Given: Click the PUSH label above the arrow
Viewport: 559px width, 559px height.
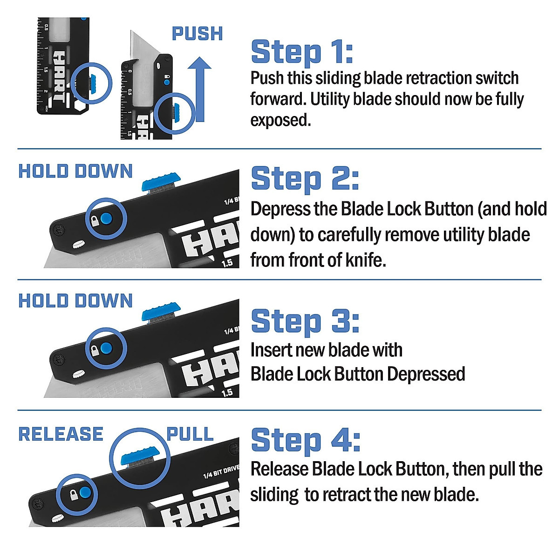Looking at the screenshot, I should coord(197,34).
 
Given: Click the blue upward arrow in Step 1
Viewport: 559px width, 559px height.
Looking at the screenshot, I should coord(199,89).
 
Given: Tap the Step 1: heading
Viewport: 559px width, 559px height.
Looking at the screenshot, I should coord(302,52).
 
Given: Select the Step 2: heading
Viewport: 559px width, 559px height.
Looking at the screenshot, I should coord(305,179).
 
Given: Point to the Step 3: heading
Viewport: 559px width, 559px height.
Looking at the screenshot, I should coord(305,321).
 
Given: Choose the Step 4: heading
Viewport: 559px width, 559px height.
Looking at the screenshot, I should coord(306,440).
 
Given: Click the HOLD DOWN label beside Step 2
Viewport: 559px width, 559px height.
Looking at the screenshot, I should coord(75,171).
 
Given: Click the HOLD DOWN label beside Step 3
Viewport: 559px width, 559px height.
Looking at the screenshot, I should coord(75,301).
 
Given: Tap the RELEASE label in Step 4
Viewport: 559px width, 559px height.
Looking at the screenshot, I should coord(61,434).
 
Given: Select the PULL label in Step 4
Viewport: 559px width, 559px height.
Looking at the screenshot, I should coord(190,434).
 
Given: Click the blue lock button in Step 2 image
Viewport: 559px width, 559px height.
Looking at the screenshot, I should coord(107,218).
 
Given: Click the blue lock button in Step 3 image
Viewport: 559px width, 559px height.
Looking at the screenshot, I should coord(107,348).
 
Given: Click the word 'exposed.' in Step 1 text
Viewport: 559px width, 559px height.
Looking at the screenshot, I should coord(280,120).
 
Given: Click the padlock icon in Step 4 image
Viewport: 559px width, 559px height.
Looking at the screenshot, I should coord(73,494).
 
